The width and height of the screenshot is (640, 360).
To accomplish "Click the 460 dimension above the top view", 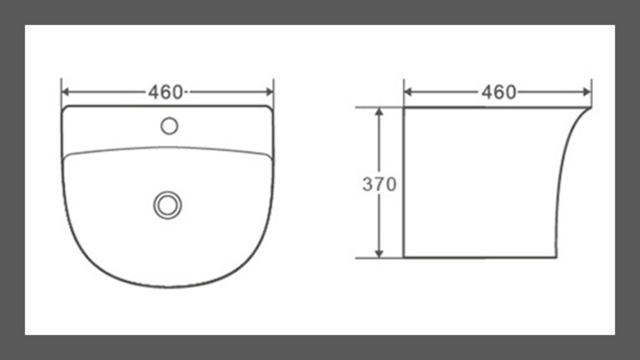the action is point(166,92).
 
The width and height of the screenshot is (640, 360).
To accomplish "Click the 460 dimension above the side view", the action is point(499,92).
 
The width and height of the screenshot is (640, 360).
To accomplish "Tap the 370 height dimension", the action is point(379,184).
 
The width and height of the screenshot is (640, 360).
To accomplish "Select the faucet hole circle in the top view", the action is point(169,126).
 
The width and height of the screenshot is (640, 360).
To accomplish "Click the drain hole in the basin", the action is point(167,205).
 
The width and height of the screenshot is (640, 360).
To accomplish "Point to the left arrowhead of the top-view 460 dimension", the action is point(66,92).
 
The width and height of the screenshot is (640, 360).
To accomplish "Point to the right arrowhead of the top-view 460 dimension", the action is point(269,92).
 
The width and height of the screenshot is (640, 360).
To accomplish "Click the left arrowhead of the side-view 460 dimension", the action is point(408,92).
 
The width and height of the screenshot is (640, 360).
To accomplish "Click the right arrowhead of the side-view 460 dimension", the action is point(588,92).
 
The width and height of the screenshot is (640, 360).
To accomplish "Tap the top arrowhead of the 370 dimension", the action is point(379,112).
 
